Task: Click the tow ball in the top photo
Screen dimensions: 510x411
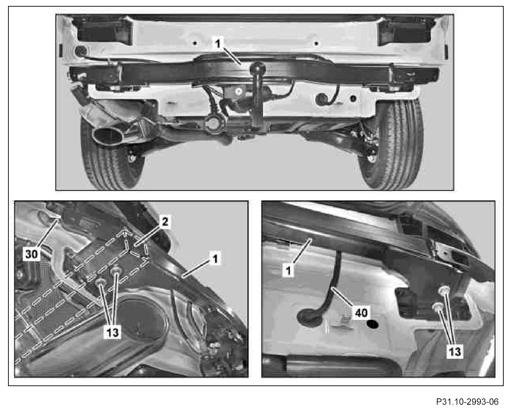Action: click(258, 68)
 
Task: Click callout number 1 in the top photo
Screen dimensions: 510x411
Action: click(218, 44)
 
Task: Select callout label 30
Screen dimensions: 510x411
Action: click(32, 254)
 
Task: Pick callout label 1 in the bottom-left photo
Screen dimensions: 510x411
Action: click(215, 259)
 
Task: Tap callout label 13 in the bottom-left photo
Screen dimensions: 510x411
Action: click(113, 333)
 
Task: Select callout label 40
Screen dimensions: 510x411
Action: click(361, 313)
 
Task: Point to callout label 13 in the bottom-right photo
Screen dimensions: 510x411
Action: click(455, 351)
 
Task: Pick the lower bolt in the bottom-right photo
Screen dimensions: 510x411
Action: click(437, 307)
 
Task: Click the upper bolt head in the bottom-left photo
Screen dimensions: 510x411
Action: click(116, 270)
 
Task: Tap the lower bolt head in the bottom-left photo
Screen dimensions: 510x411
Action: click(101, 282)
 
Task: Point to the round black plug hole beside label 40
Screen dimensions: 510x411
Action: click(372, 324)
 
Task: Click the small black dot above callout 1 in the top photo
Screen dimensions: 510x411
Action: click(195, 43)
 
